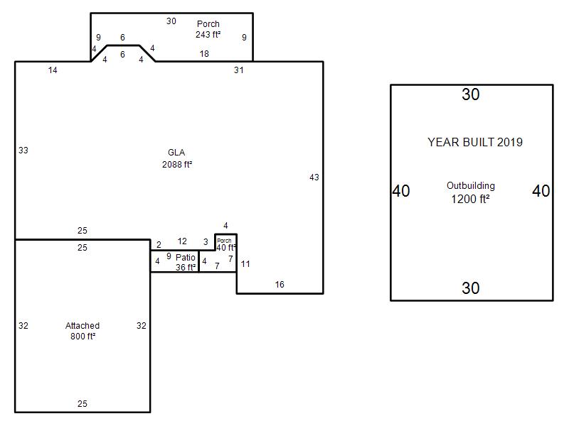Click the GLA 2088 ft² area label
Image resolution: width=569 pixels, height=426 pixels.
[x=176, y=158]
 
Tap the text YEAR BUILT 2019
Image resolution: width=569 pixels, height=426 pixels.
[x=475, y=142]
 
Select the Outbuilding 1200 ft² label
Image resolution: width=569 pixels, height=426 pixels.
[x=471, y=192]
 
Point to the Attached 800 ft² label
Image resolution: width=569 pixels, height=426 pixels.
[x=83, y=331]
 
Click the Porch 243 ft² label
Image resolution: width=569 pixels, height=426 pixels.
[x=208, y=29]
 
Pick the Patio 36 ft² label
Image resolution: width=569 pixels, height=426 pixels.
[x=186, y=262]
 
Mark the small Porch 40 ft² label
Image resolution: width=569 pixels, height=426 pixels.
[x=225, y=245]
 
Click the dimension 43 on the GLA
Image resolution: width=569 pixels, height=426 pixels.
[x=314, y=177]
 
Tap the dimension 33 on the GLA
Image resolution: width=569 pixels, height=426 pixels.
[x=23, y=150]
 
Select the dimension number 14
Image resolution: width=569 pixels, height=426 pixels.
[x=53, y=70]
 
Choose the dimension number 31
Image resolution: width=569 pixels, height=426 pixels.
[x=238, y=70]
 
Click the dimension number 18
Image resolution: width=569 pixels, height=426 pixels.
[x=204, y=54]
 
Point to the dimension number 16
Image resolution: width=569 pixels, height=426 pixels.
[x=280, y=285]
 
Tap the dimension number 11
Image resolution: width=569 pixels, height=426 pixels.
[x=245, y=263]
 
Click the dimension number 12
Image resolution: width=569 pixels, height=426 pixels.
[x=182, y=241]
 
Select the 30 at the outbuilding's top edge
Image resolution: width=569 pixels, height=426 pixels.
[x=471, y=94]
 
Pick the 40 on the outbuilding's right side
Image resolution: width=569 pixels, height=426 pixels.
[x=541, y=191]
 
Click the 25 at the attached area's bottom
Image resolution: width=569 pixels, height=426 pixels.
[x=83, y=403]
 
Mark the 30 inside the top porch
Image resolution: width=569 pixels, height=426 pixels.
[x=171, y=21]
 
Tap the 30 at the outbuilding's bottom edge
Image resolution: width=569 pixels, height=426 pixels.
[x=471, y=288]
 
